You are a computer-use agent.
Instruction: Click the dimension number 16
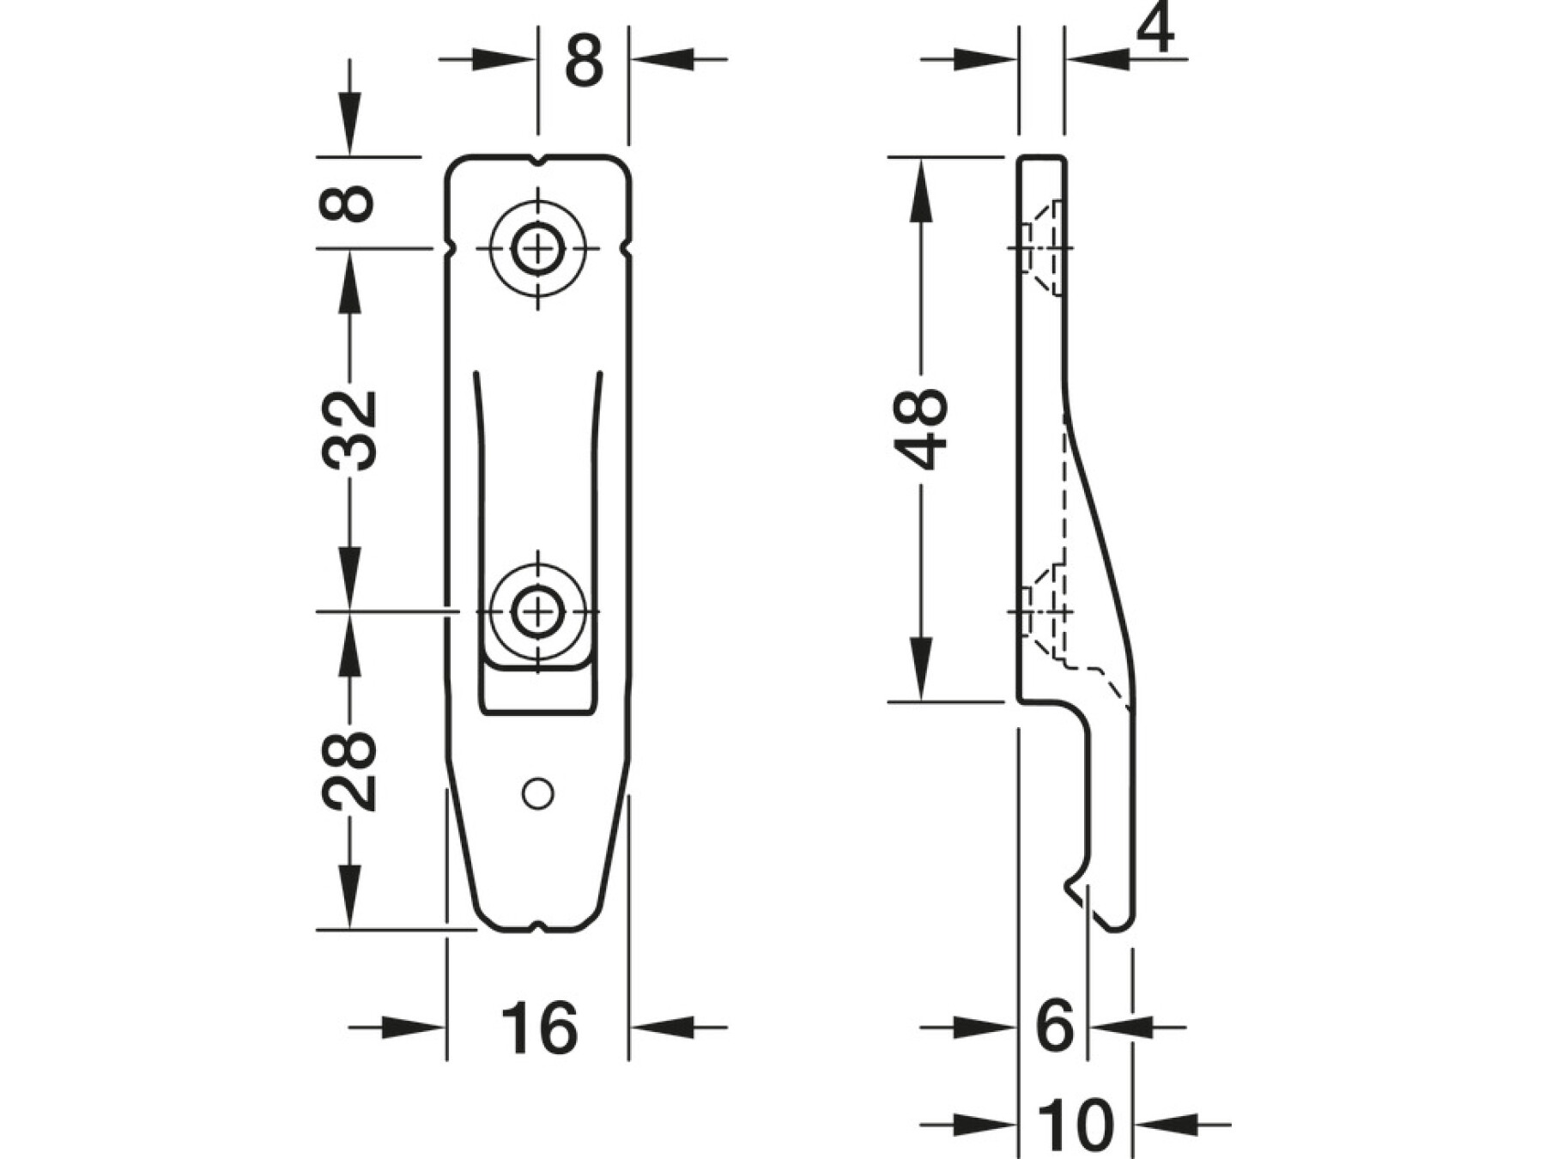coord(538,1027)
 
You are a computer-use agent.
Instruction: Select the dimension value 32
coord(350,430)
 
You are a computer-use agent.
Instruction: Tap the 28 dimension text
coord(350,772)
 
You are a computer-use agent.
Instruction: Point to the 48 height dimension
coord(920,429)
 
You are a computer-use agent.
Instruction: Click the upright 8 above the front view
coord(584,60)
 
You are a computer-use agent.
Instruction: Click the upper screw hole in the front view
coord(538,251)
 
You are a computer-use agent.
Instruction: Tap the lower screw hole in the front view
coord(538,612)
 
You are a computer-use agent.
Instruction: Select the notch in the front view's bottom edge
coord(537,925)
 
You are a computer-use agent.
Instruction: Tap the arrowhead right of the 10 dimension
coord(1168,1124)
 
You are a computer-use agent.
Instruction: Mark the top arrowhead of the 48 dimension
coord(920,190)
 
